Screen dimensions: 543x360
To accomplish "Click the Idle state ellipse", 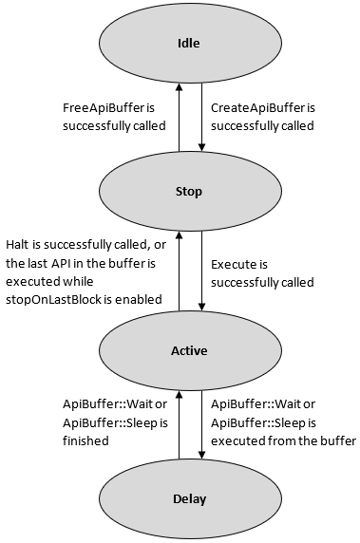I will pyautogui.click(x=189, y=43).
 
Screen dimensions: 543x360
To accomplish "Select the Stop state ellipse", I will pyautogui.click(x=189, y=191).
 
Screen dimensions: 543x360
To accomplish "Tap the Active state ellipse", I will pyautogui.click(x=189, y=350).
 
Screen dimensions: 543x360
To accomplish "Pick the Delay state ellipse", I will pyautogui.click(x=189, y=498).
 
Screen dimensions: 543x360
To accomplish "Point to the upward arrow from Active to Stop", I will pyautogui.click(x=178, y=271).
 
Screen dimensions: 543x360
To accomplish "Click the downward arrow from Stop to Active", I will pyautogui.click(x=201, y=271).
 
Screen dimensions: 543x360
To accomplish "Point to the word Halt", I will pyautogui.click(x=19, y=244).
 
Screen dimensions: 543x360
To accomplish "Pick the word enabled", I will pyautogui.click(x=139, y=298).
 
